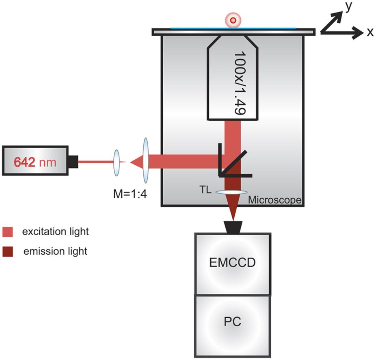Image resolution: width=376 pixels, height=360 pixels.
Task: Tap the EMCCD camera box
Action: [232, 263]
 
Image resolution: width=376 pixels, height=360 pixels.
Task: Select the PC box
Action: [232, 323]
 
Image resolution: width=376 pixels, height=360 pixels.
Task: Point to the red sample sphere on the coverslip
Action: [233, 20]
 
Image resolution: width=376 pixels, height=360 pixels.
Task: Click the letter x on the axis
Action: [370, 33]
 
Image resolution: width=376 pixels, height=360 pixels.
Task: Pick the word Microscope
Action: [274, 200]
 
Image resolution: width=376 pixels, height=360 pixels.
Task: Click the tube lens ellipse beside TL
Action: [232, 192]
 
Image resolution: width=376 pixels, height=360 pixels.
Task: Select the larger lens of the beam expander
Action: [146, 161]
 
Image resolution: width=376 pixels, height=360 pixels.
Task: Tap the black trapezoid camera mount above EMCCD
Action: [233, 227]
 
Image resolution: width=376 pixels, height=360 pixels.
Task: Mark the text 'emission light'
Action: [55, 252]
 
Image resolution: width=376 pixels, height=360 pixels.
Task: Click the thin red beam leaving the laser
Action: [95, 162]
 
